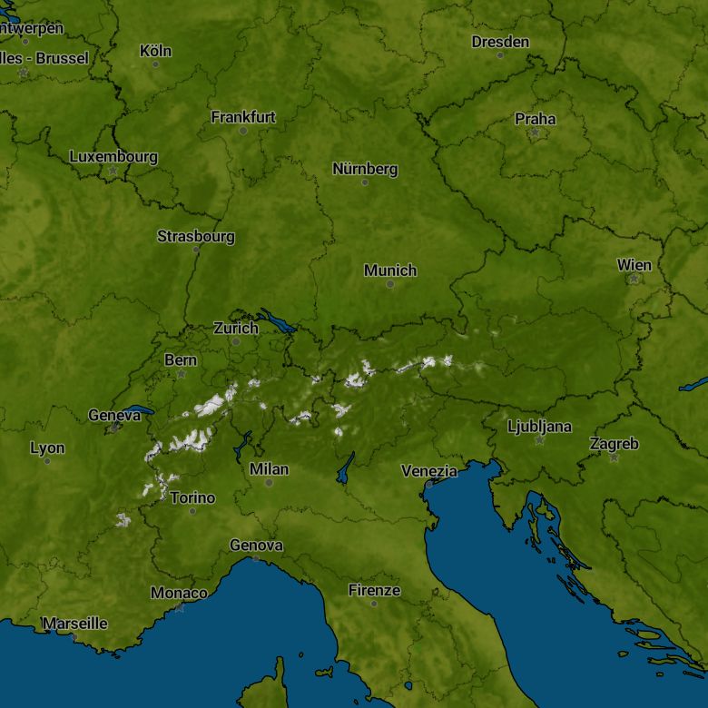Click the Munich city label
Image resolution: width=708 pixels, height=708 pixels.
tap(390, 270)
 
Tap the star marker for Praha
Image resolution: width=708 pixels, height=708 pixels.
tap(535, 133)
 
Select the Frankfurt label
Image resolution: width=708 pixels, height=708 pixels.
tap(243, 117)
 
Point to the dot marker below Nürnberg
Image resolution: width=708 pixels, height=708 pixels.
tap(365, 182)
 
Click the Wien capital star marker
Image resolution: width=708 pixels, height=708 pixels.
tap(634, 279)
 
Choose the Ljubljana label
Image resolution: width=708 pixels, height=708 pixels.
tap(539, 426)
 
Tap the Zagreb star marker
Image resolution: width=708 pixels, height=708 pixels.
tap(615, 457)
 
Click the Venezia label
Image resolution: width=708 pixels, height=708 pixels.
tap(429, 471)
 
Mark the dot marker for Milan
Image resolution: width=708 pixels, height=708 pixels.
tap(269, 483)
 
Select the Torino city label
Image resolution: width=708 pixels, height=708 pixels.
tap(192, 497)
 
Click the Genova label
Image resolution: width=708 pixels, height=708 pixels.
tap(256, 546)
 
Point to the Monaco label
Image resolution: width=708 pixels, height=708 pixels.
tap(179, 593)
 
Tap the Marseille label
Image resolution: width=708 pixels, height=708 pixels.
tap(75, 624)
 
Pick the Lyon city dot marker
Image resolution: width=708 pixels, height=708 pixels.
tap(47, 461)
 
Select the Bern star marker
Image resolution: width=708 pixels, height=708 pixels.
tap(182, 374)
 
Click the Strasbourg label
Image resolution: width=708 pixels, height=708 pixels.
tap(196, 236)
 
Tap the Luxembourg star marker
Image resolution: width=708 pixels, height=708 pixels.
tap(113, 170)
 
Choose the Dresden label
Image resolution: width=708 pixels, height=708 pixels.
tap(500, 42)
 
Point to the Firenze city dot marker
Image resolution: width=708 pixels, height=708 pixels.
tap(374, 604)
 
